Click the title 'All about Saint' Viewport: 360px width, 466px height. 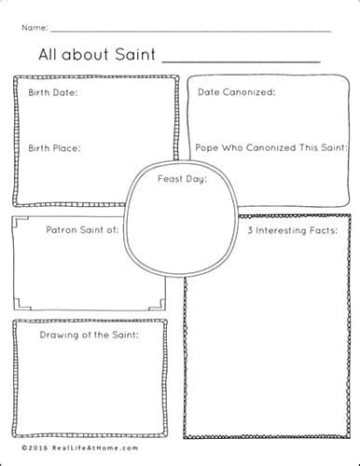tap(97, 54)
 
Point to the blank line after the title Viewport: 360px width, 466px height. tap(241, 60)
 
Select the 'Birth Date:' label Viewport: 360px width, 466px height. tap(53, 92)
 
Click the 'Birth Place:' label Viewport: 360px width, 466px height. tap(54, 147)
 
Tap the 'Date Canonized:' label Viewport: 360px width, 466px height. tap(236, 92)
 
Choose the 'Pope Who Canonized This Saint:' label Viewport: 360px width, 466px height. tap(271, 147)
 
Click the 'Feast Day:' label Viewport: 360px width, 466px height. tap(182, 177)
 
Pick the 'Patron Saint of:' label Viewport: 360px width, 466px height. tap(82, 228)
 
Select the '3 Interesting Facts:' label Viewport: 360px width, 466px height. tap(291, 229)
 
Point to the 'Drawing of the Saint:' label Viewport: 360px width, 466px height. tap(89, 334)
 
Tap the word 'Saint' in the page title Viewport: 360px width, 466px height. tap(134, 54)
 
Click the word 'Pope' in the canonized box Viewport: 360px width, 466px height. tap(207, 147)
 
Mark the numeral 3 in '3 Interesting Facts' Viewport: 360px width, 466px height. tap(250, 229)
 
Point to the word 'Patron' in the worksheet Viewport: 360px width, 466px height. tap(62, 228)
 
